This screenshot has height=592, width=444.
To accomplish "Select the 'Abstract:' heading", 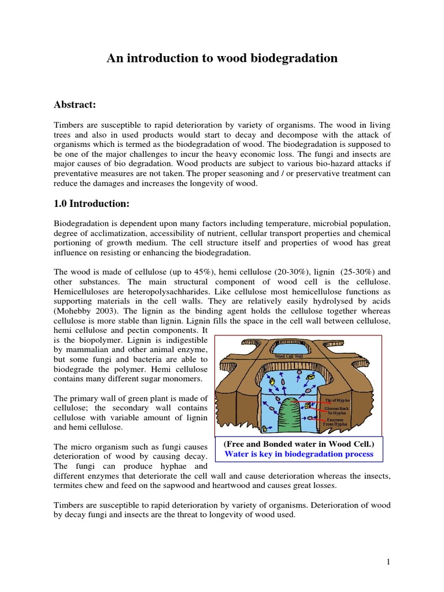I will pos(75,104).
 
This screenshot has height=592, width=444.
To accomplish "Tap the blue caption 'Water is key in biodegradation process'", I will pos(298,454).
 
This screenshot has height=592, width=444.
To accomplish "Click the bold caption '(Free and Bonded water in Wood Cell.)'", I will pos(298,443).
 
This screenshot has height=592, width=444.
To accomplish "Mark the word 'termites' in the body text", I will pos(71,486).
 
